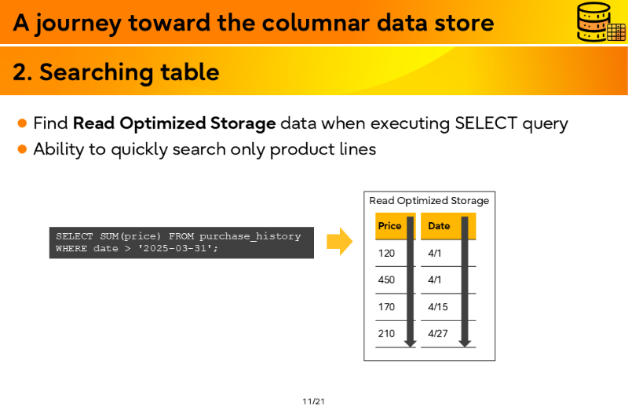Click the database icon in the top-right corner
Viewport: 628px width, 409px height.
(x=601, y=22)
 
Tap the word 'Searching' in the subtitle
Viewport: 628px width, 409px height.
(x=96, y=73)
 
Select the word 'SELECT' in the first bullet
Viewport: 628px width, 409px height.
(x=485, y=123)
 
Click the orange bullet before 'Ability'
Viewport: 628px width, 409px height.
(x=23, y=149)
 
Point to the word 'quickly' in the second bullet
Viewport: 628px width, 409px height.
(x=139, y=150)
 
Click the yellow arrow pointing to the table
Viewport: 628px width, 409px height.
(x=340, y=242)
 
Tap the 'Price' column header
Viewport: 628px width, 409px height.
(x=389, y=226)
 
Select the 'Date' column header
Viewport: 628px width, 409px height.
(x=439, y=226)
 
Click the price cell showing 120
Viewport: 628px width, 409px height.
(x=386, y=253)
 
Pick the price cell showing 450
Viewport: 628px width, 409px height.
(x=386, y=279)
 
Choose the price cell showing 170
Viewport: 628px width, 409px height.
(x=386, y=307)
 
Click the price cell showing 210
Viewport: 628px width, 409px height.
(x=386, y=334)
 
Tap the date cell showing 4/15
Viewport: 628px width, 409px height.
(x=438, y=307)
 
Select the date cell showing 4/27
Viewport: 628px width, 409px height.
(x=438, y=334)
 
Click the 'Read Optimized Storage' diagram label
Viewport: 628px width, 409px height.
(x=429, y=201)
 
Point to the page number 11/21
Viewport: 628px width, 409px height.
(x=313, y=401)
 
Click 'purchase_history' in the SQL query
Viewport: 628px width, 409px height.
(x=250, y=236)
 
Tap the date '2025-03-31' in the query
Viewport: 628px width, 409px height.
(x=174, y=248)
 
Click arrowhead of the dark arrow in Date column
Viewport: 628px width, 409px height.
(x=465, y=344)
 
